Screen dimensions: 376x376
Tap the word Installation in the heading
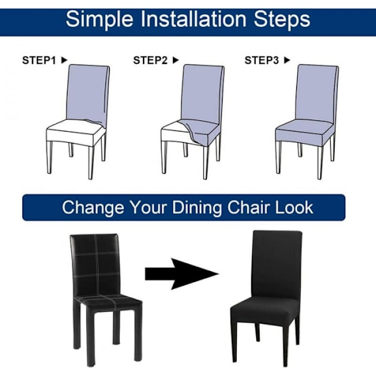(x=193, y=19)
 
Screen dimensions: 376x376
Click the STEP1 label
(x=39, y=60)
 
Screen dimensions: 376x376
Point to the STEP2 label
(x=150, y=60)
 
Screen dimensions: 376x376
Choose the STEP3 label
(x=261, y=60)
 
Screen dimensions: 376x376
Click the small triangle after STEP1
(x=65, y=60)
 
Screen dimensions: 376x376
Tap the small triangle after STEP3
(x=287, y=60)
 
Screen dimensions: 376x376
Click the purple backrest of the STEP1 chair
(x=88, y=92)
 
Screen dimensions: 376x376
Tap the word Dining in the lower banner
(x=197, y=207)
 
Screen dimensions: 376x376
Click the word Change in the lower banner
(x=93, y=207)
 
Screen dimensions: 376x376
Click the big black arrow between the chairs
(x=182, y=274)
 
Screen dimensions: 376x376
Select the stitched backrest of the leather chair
(x=95, y=266)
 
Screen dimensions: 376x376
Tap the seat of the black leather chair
(x=108, y=301)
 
